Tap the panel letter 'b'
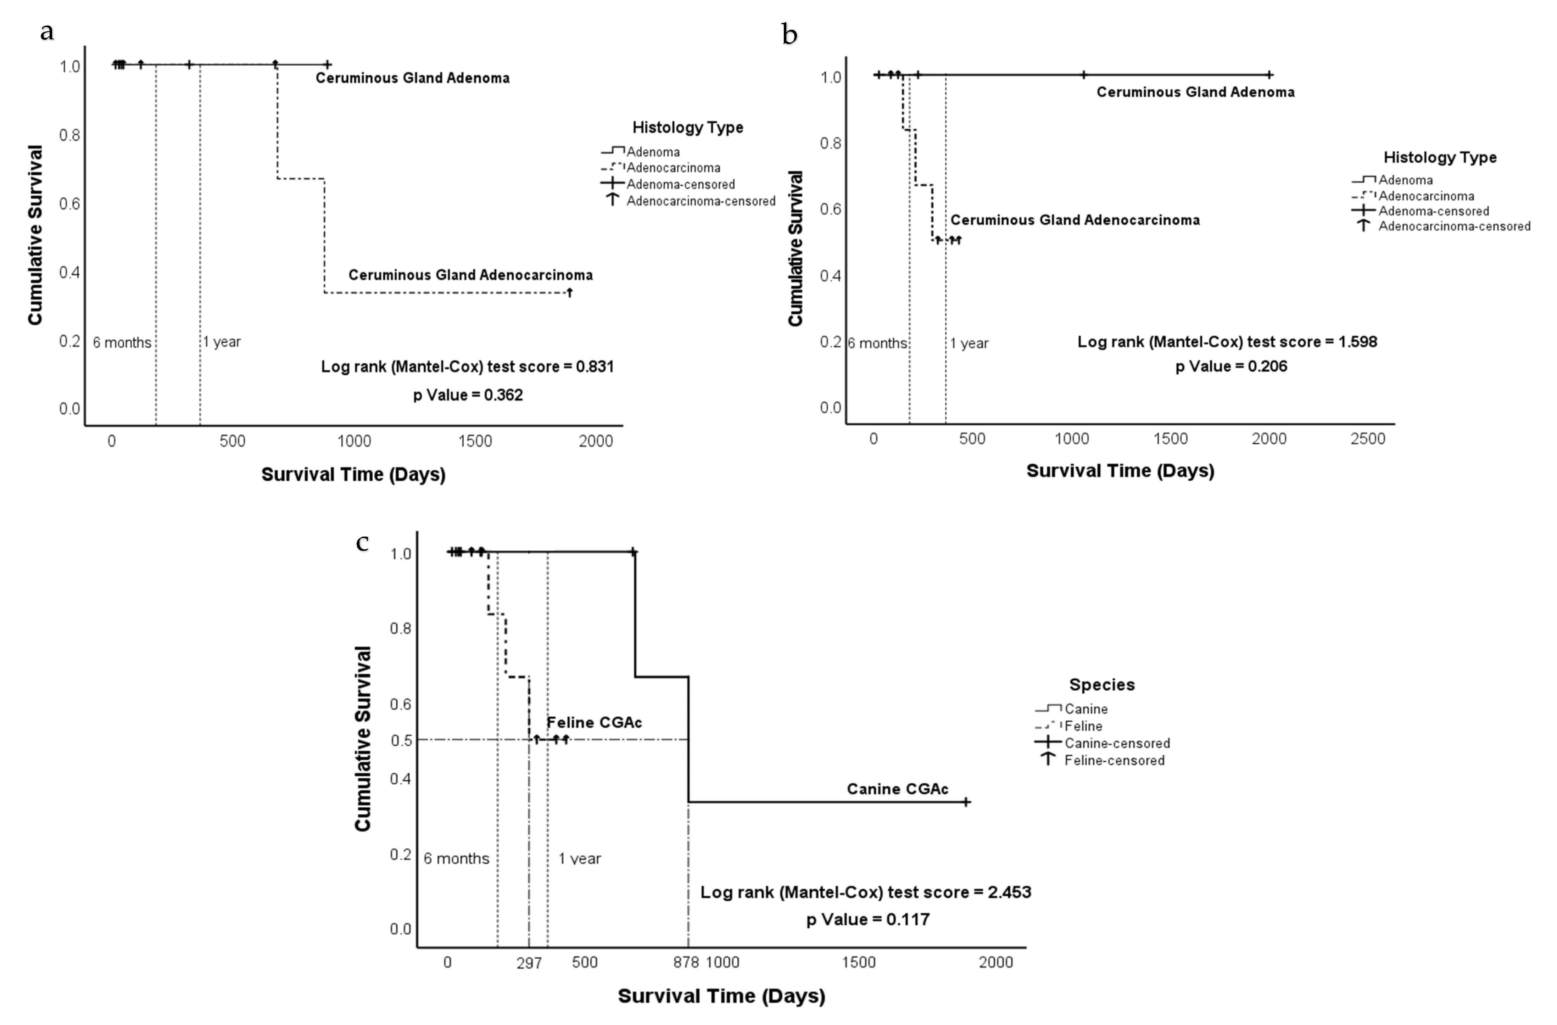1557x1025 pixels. coord(789,34)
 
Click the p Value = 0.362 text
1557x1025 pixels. coord(468,395)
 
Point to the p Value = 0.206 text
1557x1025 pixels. coord(1231,366)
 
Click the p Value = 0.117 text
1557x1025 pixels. coord(867,920)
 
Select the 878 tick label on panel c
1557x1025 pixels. coord(686,962)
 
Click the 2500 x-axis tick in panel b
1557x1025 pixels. coord(1368,439)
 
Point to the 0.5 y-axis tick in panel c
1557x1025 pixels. coord(401,740)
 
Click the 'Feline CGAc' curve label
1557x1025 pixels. coord(594,723)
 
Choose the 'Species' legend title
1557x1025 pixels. coord(1102,685)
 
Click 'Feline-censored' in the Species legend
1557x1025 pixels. coord(1114,761)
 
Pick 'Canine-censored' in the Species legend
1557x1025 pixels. coord(1117,744)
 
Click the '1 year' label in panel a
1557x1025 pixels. coord(222,342)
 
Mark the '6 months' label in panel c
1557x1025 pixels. coord(456,859)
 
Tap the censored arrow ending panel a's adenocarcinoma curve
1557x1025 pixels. coord(570,292)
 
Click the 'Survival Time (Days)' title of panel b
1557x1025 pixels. coord(1120,471)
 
